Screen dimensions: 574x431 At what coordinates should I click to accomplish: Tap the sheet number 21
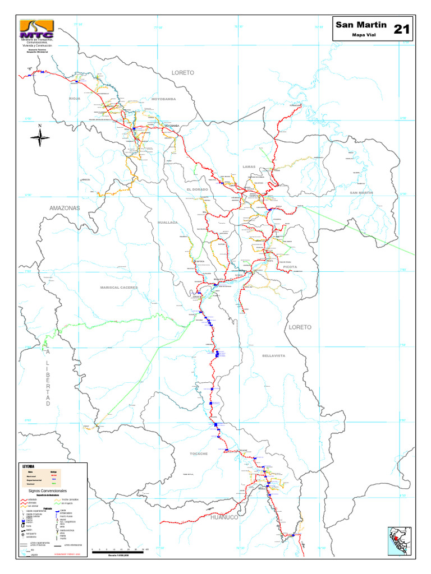coord(401,29)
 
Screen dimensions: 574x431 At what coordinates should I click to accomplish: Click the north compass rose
coord(40,136)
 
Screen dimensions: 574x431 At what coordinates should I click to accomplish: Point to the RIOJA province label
coord(75,98)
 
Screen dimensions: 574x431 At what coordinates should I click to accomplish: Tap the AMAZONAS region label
coord(65,208)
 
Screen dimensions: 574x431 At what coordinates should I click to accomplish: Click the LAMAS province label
coord(249,166)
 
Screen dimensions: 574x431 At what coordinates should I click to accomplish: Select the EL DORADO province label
coord(198,189)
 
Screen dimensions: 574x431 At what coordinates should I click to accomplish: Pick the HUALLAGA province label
coord(168,223)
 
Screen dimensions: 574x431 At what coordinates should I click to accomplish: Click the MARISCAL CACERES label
coord(118,287)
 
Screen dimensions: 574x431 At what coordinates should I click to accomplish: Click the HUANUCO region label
coord(224,517)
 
